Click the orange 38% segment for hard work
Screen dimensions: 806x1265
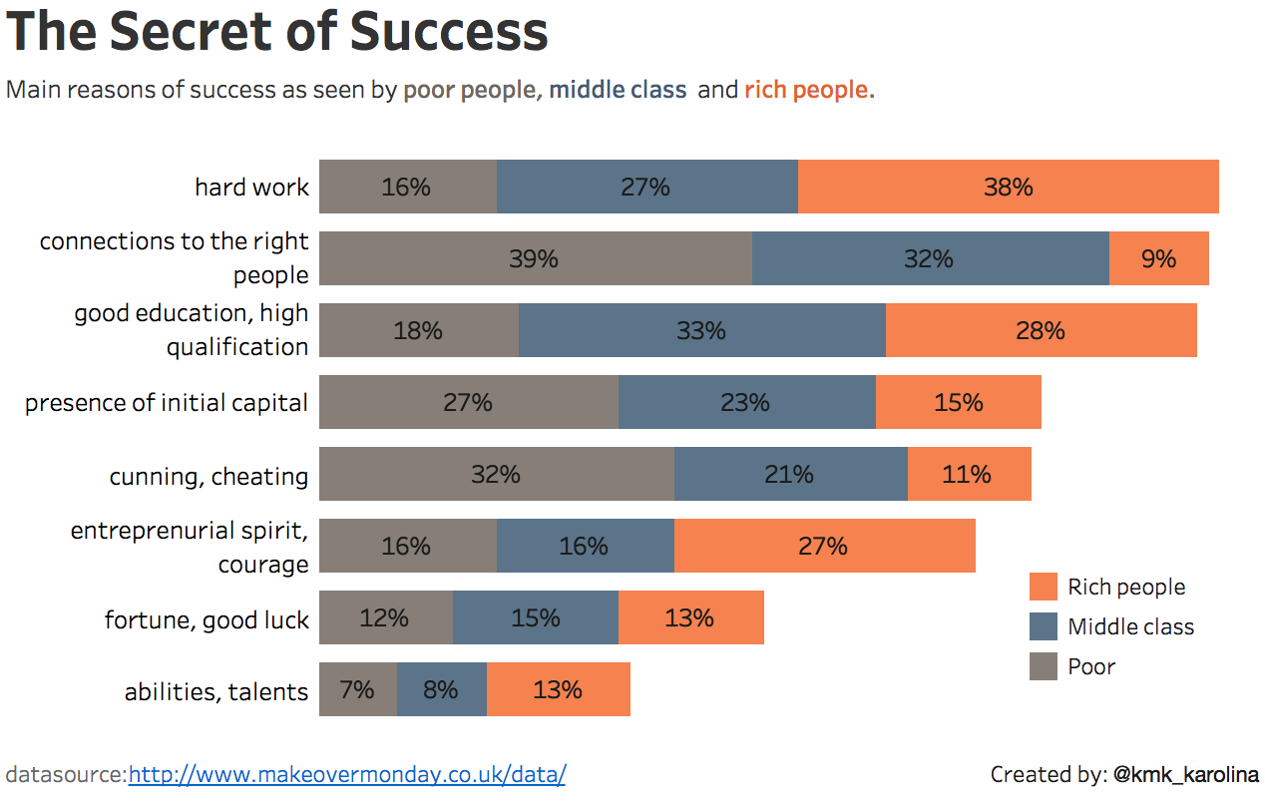click(1008, 187)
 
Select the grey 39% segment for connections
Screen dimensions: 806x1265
click(535, 258)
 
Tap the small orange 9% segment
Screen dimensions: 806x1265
click(1158, 258)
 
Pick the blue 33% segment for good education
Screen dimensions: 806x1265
click(701, 330)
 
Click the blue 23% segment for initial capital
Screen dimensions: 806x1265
click(746, 402)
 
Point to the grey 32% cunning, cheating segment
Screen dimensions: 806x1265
click(496, 474)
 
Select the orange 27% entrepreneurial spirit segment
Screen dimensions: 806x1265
click(824, 546)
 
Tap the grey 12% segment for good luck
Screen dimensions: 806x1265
click(385, 617)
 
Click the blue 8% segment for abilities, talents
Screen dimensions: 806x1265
click(441, 689)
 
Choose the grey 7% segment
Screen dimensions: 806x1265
click(357, 689)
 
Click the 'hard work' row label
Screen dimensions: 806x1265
click(251, 187)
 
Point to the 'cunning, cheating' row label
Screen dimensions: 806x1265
click(209, 476)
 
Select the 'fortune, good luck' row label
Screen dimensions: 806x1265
click(207, 619)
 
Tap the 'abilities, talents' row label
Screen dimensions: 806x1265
click(216, 691)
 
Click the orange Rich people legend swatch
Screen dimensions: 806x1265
click(1043, 587)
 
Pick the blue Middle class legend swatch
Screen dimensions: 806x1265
click(1043, 626)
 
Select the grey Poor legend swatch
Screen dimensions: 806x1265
click(1043, 666)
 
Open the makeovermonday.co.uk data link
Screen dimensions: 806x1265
click(346, 774)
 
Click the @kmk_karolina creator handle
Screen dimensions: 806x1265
click(1185, 774)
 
